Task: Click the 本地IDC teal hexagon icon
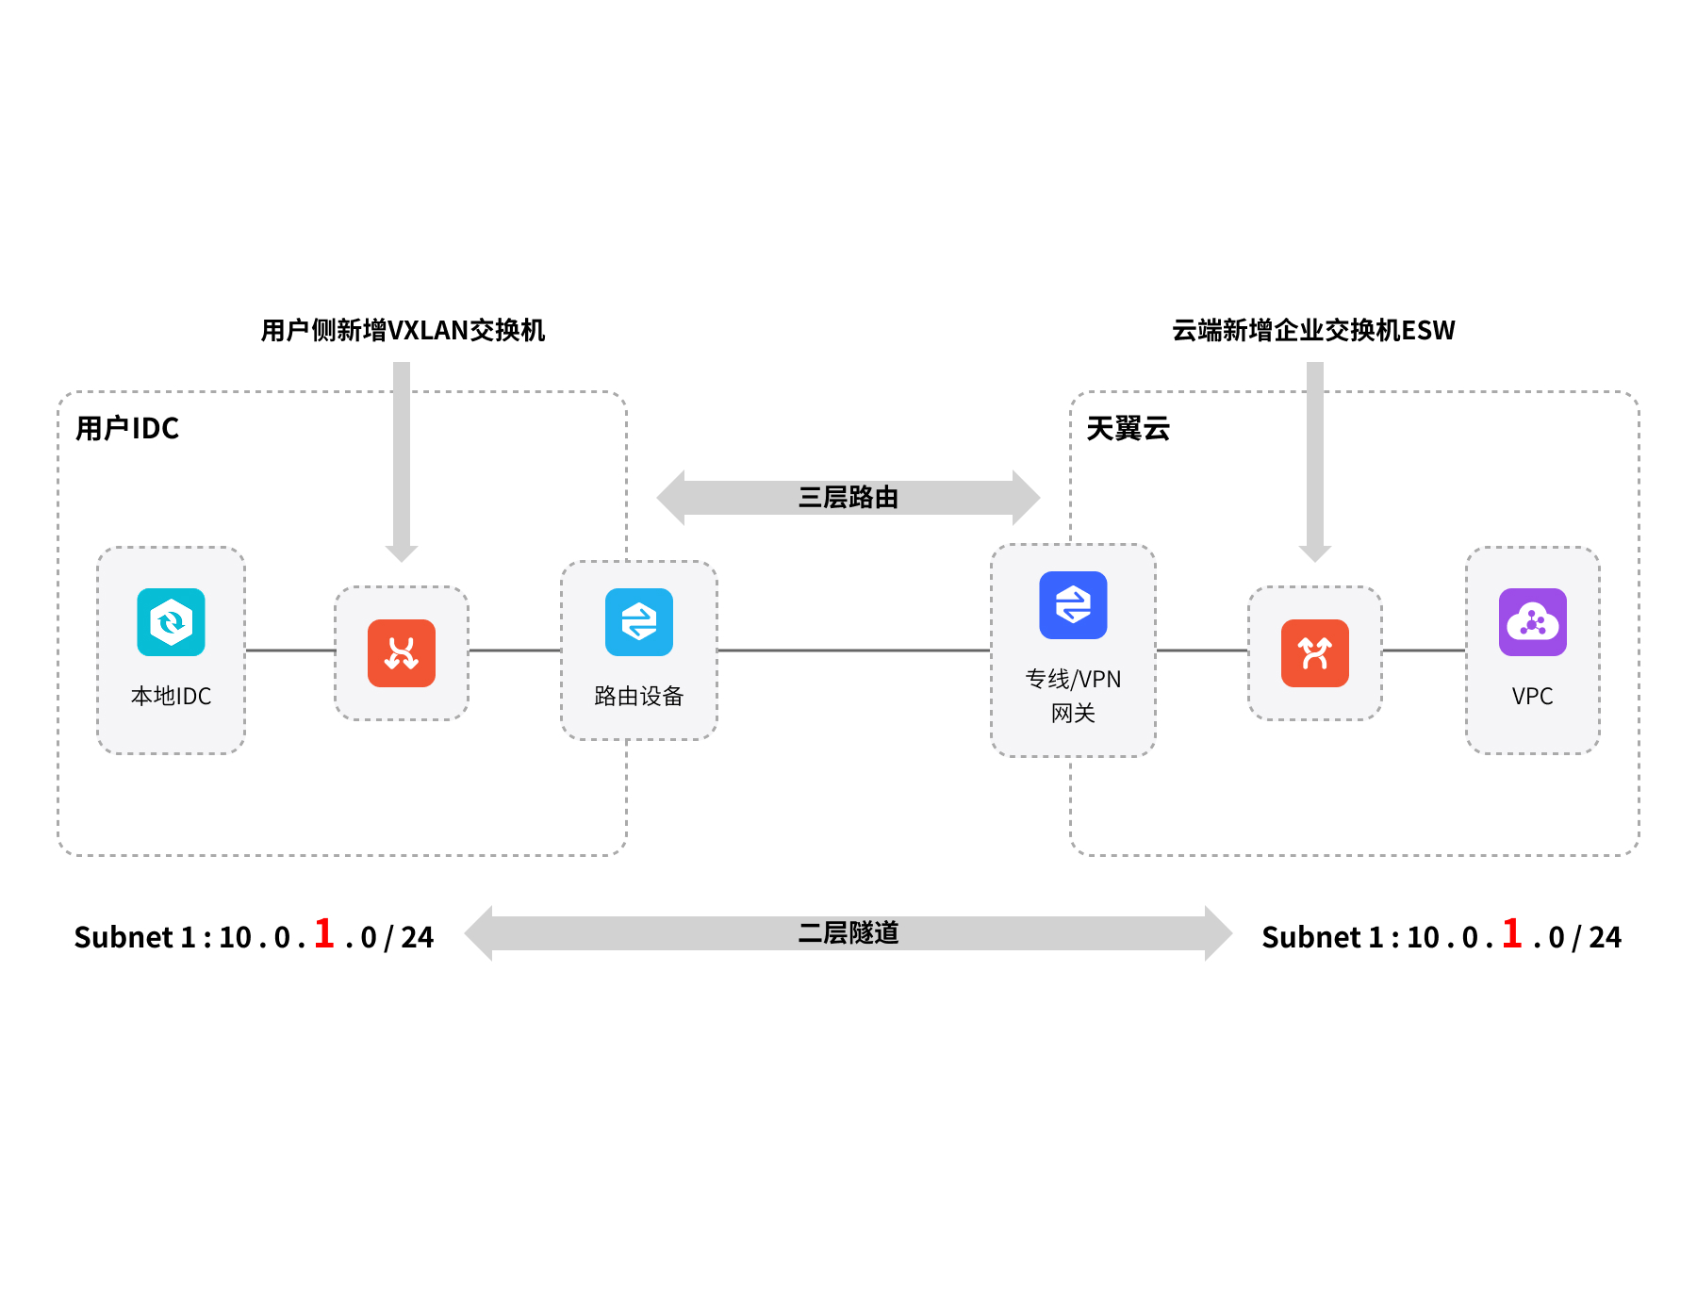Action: coord(171,622)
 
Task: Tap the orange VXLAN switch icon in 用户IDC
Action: coord(402,653)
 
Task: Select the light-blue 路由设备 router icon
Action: coord(639,622)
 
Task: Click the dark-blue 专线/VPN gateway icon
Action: coord(1073,605)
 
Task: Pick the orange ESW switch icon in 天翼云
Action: coord(1315,653)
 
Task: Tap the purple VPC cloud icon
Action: coord(1533,622)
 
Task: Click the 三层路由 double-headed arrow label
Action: coord(848,497)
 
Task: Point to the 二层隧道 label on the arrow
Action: coord(848,933)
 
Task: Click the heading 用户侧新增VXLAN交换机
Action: coord(403,330)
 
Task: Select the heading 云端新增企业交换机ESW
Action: coord(1313,330)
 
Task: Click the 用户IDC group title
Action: coord(127,429)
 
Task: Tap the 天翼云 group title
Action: coord(1129,429)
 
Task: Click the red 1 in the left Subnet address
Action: coord(324,933)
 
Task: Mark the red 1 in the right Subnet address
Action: coord(1512,933)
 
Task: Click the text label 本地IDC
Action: coord(171,696)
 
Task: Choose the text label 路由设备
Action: coord(639,696)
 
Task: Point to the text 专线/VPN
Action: coord(1073,679)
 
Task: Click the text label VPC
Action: coord(1533,696)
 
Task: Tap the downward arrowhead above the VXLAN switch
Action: coord(402,552)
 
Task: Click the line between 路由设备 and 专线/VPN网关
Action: coord(853,650)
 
